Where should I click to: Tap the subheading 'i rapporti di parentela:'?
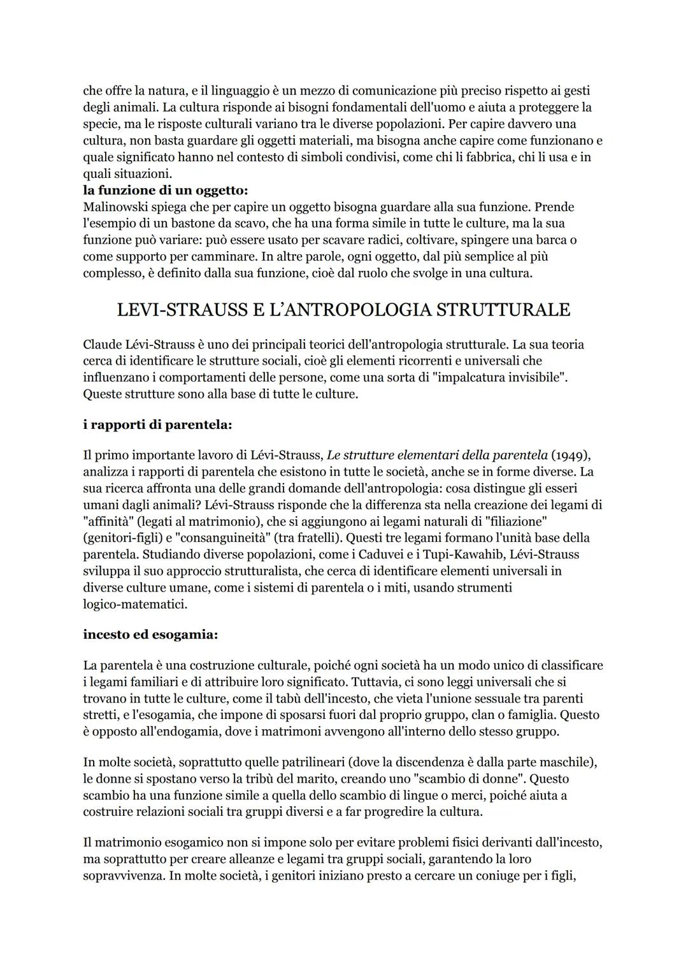click(157, 425)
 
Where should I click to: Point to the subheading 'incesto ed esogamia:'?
click(150, 635)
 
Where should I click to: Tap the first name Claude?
click(103, 345)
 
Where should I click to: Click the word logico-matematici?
click(135, 604)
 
